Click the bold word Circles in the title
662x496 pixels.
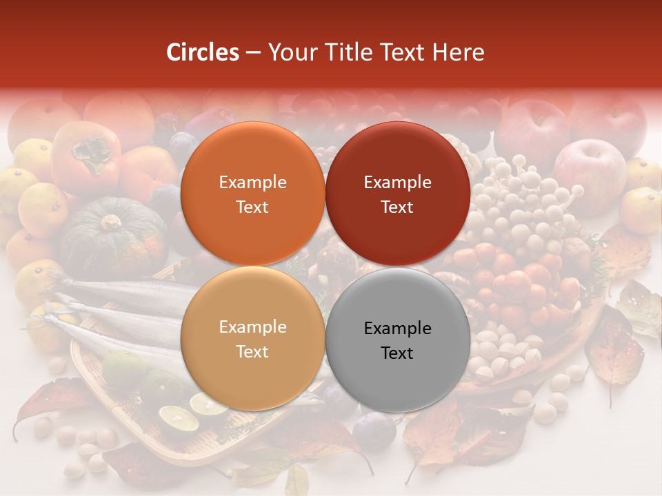[203, 52]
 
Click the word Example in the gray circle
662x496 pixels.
[397, 328]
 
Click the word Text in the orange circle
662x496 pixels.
[252, 207]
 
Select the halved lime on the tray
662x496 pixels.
[178, 417]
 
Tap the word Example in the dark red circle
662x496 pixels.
[397, 182]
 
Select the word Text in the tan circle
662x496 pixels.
[252, 351]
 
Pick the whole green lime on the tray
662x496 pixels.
[124, 369]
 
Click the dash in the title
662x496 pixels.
[253, 53]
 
